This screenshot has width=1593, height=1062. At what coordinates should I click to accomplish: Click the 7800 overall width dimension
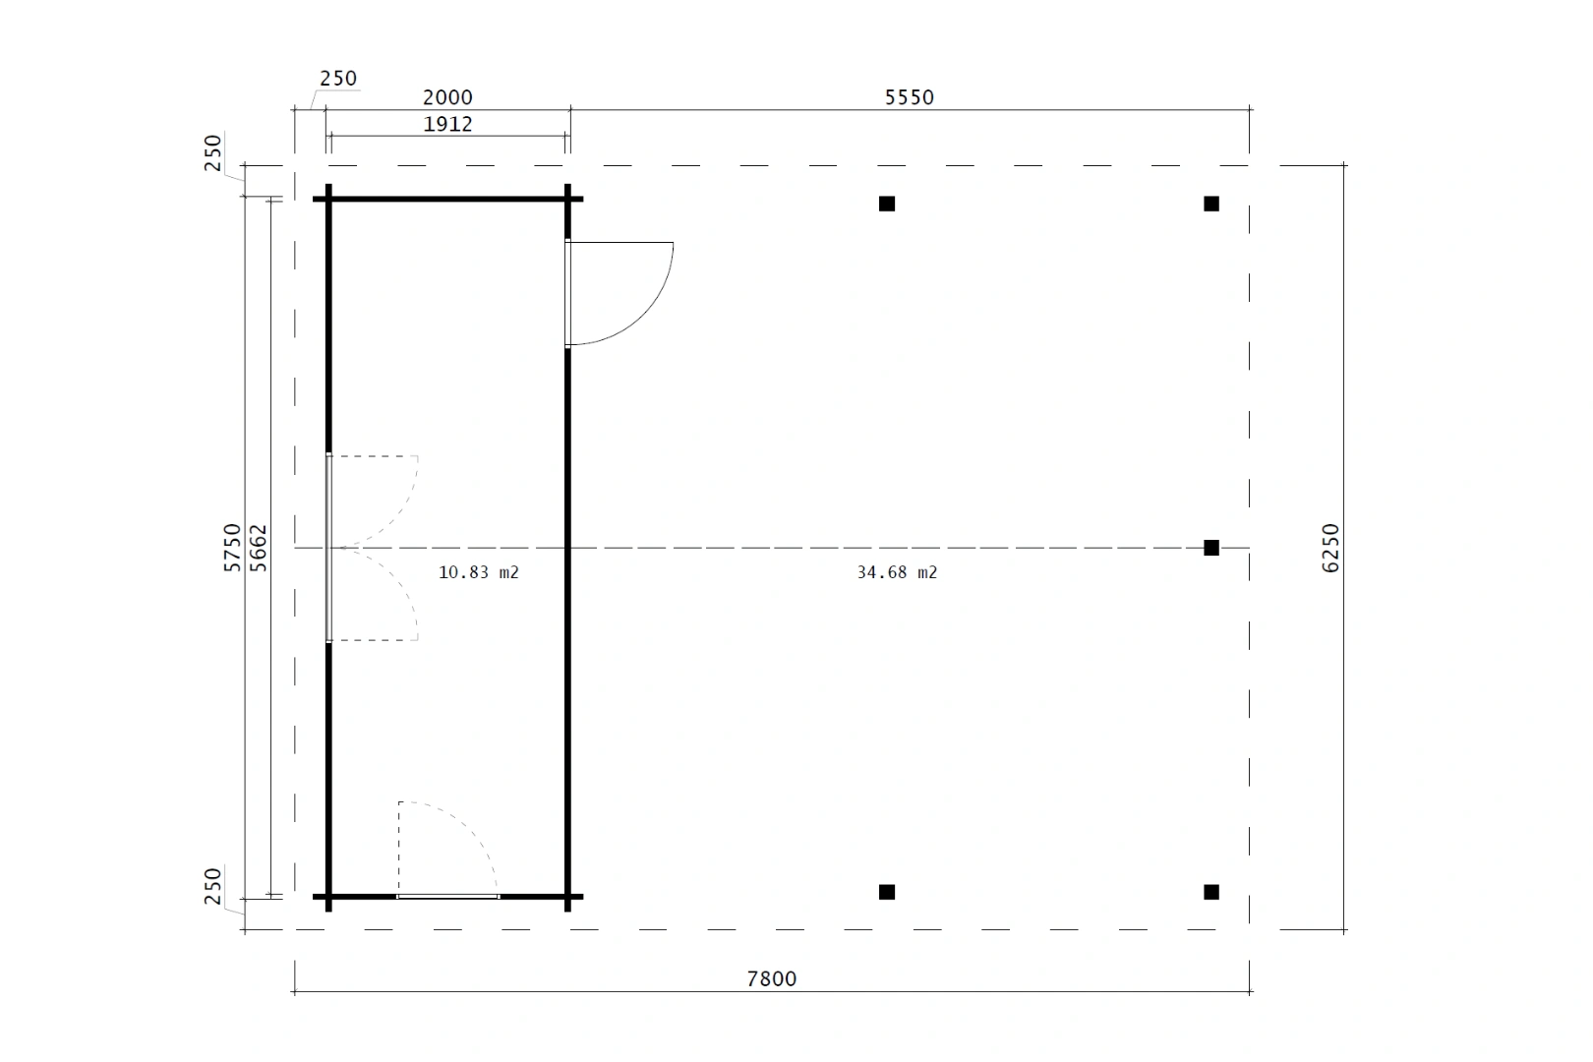pos(772,978)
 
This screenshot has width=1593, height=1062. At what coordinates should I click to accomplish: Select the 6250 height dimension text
pos(1329,548)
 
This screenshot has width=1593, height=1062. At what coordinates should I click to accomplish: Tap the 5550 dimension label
pos(909,97)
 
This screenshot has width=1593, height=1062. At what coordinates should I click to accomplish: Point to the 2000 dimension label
pos(448,97)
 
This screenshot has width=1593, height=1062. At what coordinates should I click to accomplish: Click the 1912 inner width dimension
pos(448,125)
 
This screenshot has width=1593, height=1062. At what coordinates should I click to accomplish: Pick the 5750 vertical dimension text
pos(232,547)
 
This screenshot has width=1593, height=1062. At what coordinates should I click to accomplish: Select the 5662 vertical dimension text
pos(259,548)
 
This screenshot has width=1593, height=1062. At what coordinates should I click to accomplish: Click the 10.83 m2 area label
pos(479,572)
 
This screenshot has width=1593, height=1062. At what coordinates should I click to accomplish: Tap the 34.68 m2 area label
pos(897,572)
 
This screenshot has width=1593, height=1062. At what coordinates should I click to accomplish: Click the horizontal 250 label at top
pos(338,79)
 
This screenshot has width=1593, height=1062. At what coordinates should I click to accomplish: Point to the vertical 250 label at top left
pos(213,153)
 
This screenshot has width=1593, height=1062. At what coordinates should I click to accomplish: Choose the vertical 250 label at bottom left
pos(213,886)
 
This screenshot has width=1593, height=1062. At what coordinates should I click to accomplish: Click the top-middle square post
pos(887,205)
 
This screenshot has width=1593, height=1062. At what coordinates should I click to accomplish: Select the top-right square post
pos(1211,205)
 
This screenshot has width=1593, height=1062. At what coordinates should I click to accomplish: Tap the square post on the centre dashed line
pos(1211,548)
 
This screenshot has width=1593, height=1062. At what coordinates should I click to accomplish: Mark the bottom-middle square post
pos(887,892)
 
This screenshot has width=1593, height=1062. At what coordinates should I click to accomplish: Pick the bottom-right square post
pos(1211,892)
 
